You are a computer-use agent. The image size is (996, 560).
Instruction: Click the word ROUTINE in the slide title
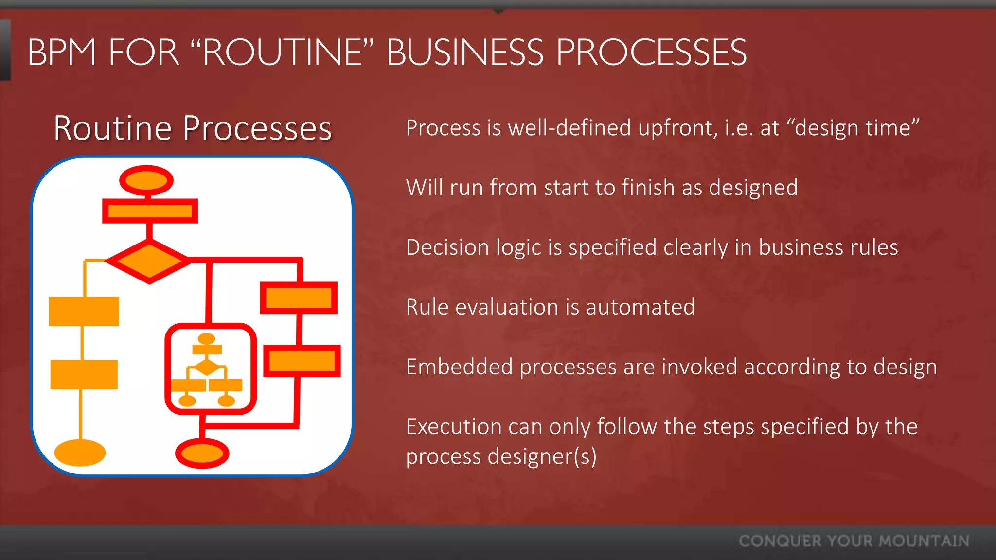(x=283, y=52)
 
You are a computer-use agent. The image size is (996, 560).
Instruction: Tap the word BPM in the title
(x=62, y=52)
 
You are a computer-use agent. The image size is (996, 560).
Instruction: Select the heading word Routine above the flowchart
(x=112, y=128)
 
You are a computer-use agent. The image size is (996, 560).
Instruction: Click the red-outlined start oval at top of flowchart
(x=146, y=181)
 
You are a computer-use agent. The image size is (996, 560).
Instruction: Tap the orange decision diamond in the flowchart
(x=149, y=261)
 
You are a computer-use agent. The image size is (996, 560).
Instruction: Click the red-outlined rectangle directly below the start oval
(x=150, y=211)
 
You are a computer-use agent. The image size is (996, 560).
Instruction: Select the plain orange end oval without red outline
(x=80, y=453)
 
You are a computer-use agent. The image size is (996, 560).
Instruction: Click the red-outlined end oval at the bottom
(x=202, y=454)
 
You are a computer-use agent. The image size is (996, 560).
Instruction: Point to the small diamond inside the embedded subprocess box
(x=207, y=367)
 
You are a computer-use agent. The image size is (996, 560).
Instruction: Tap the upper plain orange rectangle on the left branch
(x=84, y=311)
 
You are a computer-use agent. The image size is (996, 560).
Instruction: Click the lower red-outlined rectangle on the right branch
(x=302, y=361)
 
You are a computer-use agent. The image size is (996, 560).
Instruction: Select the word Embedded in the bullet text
(x=459, y=367)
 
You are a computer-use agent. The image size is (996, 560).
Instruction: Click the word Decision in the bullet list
(x=447, y=247)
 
